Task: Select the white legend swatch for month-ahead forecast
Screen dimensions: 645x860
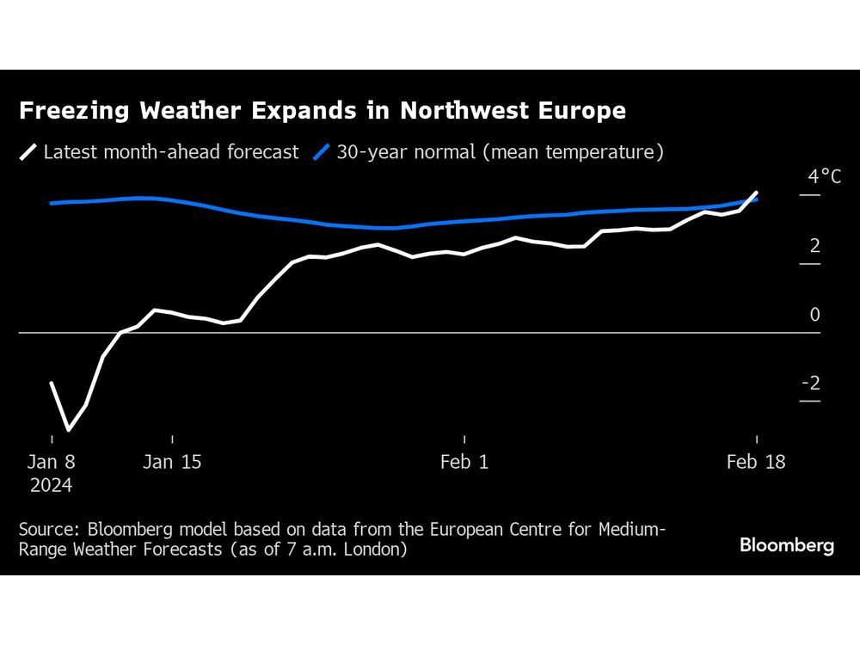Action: (28, 153)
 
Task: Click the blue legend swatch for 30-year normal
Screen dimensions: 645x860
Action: (321, 153)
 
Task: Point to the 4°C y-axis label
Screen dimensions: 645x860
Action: (824, 177)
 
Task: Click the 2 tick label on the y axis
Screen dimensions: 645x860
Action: (814, 246)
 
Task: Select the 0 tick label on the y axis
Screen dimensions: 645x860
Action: (814, 315)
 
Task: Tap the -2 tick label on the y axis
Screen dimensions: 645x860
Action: (811, 384)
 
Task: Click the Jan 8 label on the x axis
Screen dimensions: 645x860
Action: (52, 462)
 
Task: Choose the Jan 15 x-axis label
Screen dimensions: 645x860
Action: (172, 462)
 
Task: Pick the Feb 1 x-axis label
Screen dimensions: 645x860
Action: (464, 462)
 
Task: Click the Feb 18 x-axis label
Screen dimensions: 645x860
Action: (756, 462)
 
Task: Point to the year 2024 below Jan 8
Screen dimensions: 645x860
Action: (52, 485)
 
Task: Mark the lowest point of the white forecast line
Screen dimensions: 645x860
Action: (69, 429)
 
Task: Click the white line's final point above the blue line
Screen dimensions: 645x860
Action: (757, 193)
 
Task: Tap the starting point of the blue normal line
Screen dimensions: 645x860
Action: (52, 203)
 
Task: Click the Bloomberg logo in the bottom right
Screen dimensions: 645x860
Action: (787, 545)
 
